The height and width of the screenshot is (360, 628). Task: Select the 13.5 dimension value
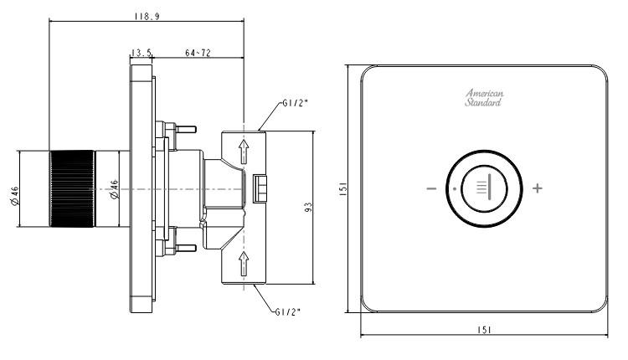[141, 53]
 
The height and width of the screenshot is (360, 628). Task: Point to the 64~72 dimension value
[197, 53]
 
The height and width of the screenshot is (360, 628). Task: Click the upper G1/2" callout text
[295, 104]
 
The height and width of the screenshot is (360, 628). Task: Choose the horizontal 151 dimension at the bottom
[485, 329]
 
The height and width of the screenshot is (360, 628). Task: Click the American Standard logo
[484, 98]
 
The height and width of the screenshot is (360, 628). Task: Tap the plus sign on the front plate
[537, 188]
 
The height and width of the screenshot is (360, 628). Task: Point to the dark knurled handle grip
[72, 190]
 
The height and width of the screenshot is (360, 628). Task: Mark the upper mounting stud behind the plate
[184, 129]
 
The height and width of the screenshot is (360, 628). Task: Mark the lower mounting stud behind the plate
[184, 248]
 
